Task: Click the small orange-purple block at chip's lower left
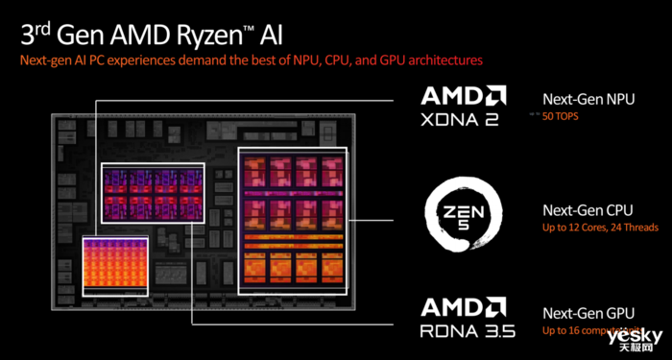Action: [114, 263]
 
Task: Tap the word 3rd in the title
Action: [36, 35]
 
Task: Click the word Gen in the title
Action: [84, 35]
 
